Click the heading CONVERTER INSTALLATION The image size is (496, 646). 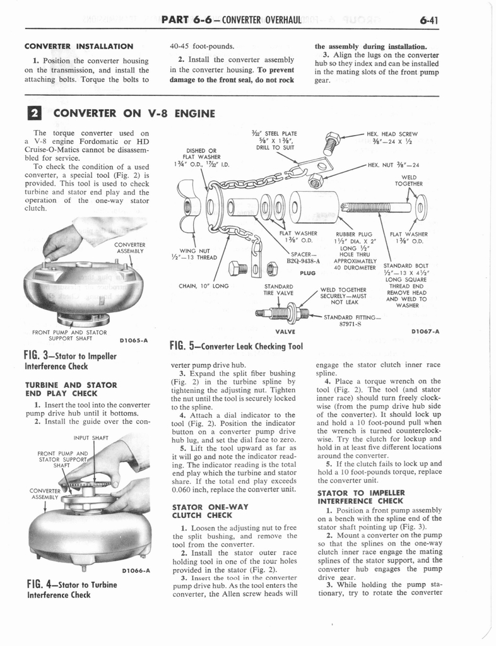click(x=78, y=46)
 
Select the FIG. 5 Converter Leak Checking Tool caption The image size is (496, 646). click(x=237, y=345)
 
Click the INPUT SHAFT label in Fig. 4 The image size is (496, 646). click(x=91, y=437)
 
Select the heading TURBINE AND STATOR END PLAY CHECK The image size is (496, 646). click(x=71, y=389)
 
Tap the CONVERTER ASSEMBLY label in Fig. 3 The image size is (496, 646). click(x=129, y=248)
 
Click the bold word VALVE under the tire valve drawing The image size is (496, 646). click(x=286, y=331)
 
